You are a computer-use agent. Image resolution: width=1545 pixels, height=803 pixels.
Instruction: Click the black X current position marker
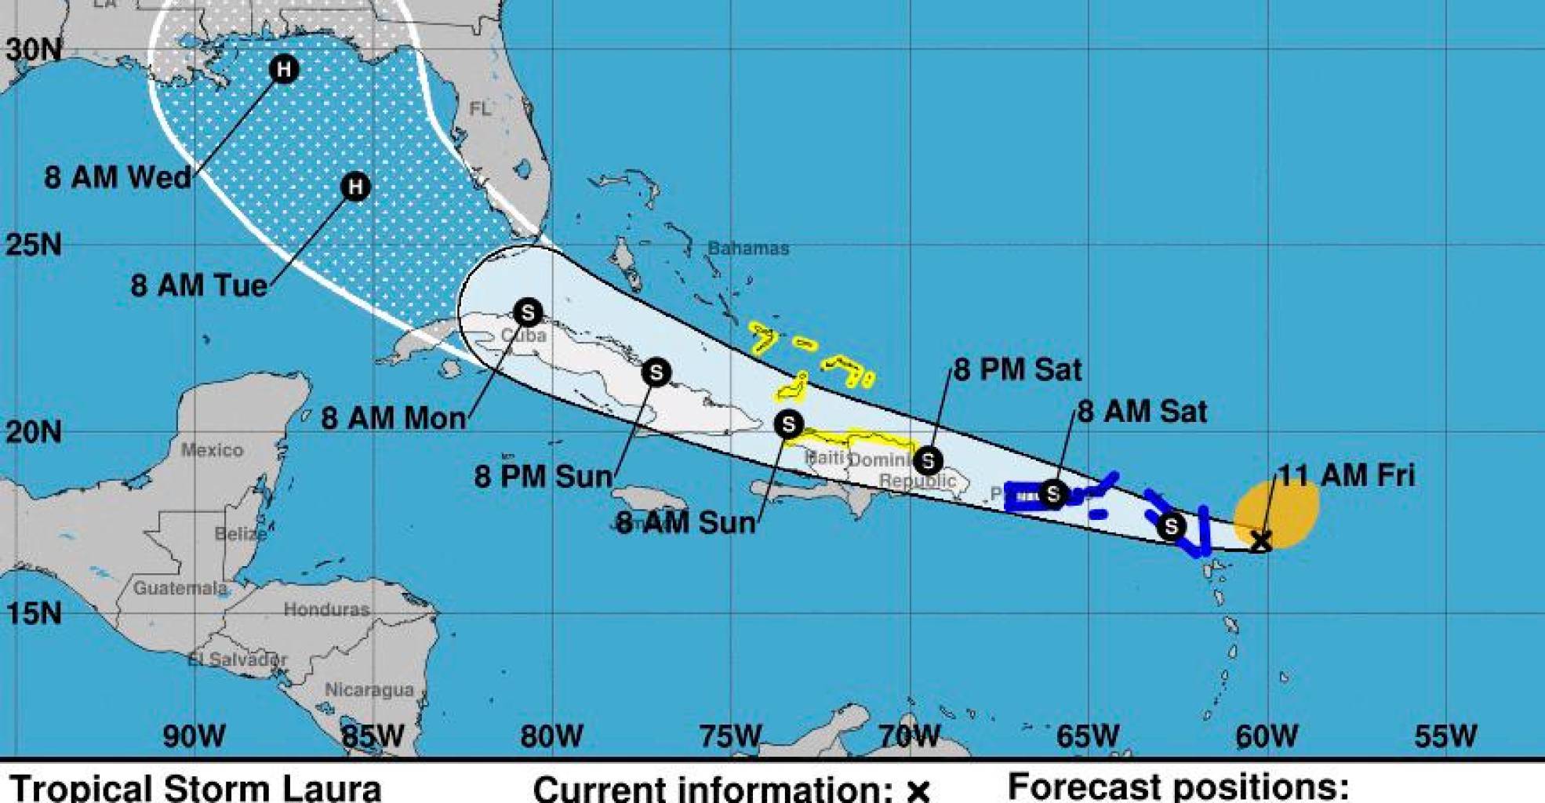(1260, 541)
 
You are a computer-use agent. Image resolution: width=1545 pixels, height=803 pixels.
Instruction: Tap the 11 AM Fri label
(1347, 475)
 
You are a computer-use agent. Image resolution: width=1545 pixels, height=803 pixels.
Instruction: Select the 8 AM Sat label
(1142, 412)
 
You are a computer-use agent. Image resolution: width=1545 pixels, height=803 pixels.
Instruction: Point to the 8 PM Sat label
(1017, 369)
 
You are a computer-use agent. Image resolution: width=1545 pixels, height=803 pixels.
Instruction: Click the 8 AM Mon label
(394, 418)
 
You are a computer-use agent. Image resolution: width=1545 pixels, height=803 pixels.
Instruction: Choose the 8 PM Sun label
(543, 476)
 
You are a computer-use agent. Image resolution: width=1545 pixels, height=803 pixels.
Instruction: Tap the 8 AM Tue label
(199, 285)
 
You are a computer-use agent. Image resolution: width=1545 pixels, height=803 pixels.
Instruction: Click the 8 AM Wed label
(118, 177)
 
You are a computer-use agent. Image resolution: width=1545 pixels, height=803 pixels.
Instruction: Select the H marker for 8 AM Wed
(284, 69)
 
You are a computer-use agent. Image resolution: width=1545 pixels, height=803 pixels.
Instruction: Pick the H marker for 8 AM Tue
(355, 187)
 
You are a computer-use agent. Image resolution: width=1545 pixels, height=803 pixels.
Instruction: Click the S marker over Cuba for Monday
(528, 313)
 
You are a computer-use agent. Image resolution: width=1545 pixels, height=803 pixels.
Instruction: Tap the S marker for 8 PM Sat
(928, 460)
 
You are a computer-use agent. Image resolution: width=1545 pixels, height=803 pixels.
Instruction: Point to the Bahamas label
(748, 249)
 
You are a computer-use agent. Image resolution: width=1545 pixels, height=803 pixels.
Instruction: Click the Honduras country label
(326, 609)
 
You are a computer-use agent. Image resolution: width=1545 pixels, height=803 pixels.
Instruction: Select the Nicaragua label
(369, 690)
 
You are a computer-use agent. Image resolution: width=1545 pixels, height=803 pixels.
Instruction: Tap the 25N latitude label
(34, 245)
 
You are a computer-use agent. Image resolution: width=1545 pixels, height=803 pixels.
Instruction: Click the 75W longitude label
(729, 736)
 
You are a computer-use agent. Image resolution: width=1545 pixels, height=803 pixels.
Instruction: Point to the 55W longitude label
(1445, 736)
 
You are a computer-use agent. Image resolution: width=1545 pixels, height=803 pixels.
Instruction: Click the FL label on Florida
(480, 109)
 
